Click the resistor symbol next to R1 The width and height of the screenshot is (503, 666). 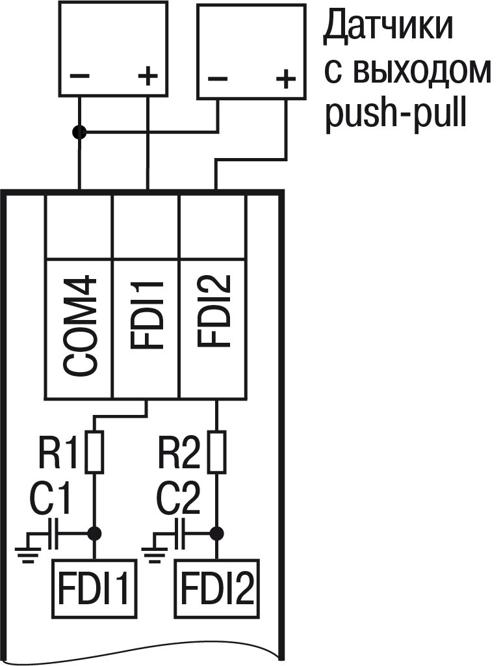click(x=95, y=451)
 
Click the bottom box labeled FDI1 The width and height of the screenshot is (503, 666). click(x=95, y=588)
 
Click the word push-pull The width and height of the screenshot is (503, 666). click(x=396, y=114)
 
